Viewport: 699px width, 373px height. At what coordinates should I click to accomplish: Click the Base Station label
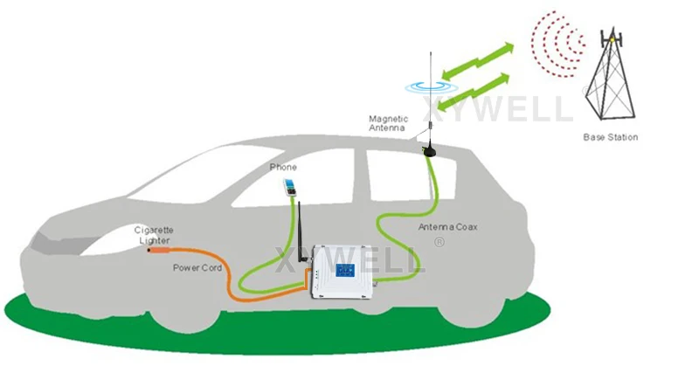pyautogui.click(x=610, y=137)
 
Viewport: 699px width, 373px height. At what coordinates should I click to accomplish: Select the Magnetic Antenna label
pyautogui.click(x=387, y=123)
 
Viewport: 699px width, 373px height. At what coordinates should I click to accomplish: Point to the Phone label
pyautogui.click(x=282, y=167)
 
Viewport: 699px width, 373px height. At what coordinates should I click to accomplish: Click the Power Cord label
pyautogui.click(x=197, y=267)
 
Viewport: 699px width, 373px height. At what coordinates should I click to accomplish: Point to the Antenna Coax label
pyautogui.click(x=446, y=228)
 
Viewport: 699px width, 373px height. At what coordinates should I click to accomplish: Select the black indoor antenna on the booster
pyautogui.click(x=300, y=229)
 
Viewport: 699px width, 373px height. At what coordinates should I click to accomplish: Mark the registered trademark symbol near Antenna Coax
pyautogui.click(x=439, y=242)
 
